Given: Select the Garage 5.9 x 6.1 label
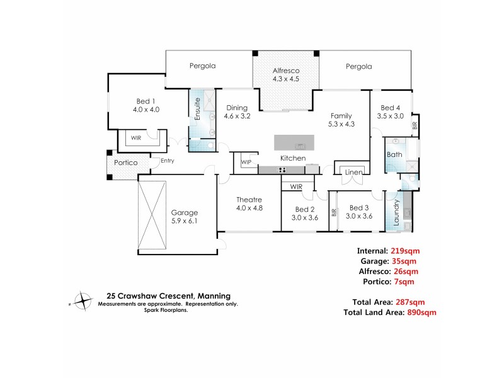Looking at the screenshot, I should pos(184,217).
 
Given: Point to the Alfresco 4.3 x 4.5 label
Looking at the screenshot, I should pos(285,75).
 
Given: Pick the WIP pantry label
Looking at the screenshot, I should pos(246,163).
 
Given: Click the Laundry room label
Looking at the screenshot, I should pos(397,213).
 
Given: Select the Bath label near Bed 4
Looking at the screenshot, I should pos(394,154).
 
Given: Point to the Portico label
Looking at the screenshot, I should pos(125,163).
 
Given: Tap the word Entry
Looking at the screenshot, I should pos(167,161).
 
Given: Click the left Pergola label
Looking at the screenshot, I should pos(203,66).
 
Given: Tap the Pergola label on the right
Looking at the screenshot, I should pos(358,66).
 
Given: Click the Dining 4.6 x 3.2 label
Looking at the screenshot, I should pos(238,112).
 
